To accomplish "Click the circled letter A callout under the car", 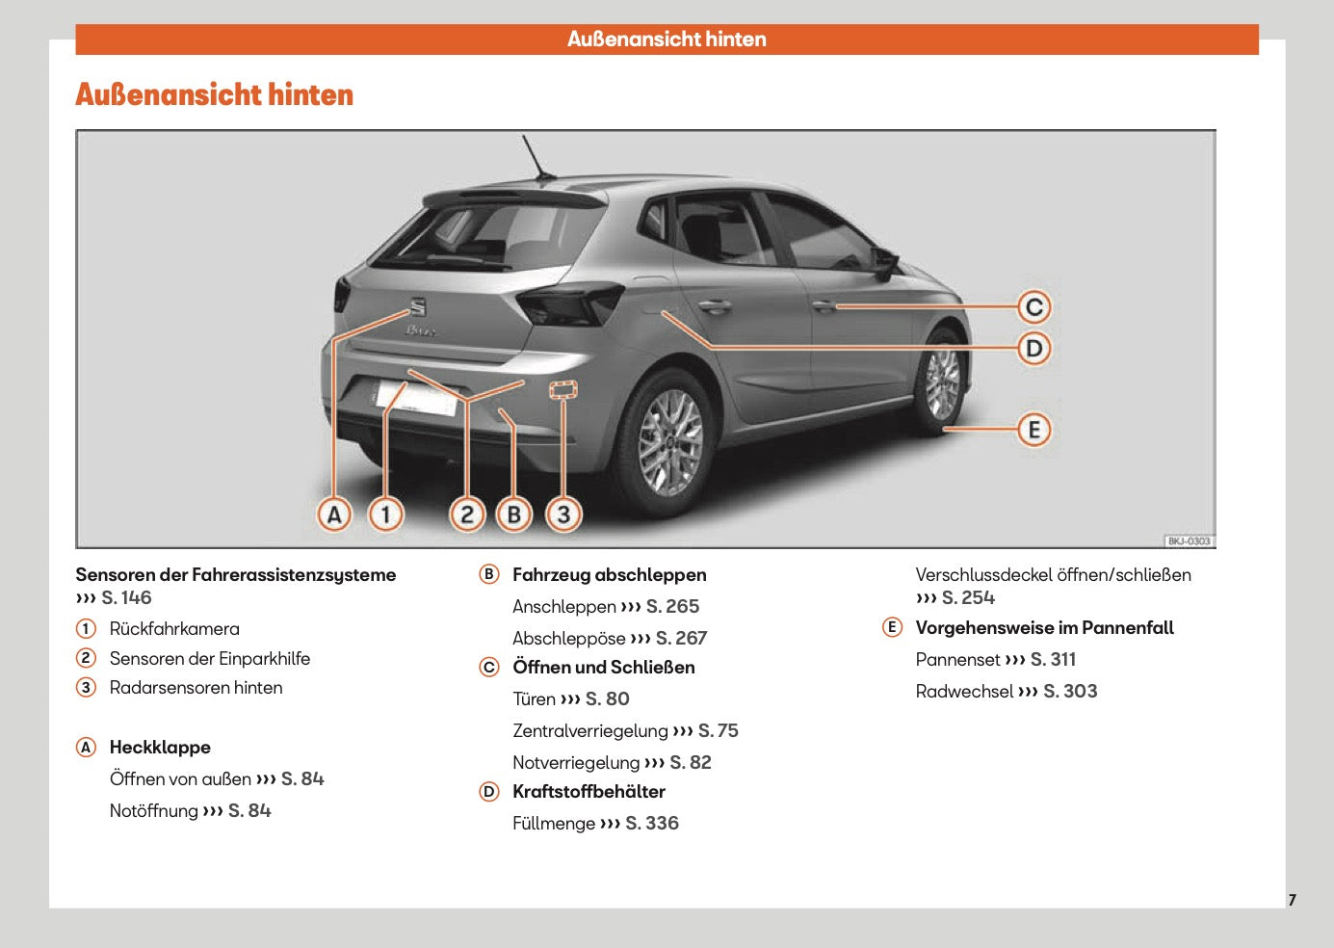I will [x=334, y=514].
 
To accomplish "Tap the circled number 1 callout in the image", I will [x=385, y=514].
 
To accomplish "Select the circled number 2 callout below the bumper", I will [x=467, y=514].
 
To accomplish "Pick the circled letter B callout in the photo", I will [x=514, y=514].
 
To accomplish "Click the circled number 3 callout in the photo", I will [x=564, y=514].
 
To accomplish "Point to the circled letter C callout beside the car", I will [x=1033, y=307].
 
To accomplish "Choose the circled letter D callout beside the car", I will [x=1033, y=349].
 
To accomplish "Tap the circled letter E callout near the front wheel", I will [x=1033, y=430].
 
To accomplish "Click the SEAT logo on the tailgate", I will [x=418, y=307].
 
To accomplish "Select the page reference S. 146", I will [x=126, y=598].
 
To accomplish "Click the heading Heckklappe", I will [x=160, y=748].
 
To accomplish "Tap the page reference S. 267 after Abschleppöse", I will [x=681, y=639].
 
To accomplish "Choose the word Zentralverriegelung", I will [x=589, y=731].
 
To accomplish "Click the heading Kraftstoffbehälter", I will [x=589, y=792].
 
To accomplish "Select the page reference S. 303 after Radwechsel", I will [x=1070, y=692].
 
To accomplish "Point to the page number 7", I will [x=1292, y=900].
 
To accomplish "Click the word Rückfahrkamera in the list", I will [x=174, y=629].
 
